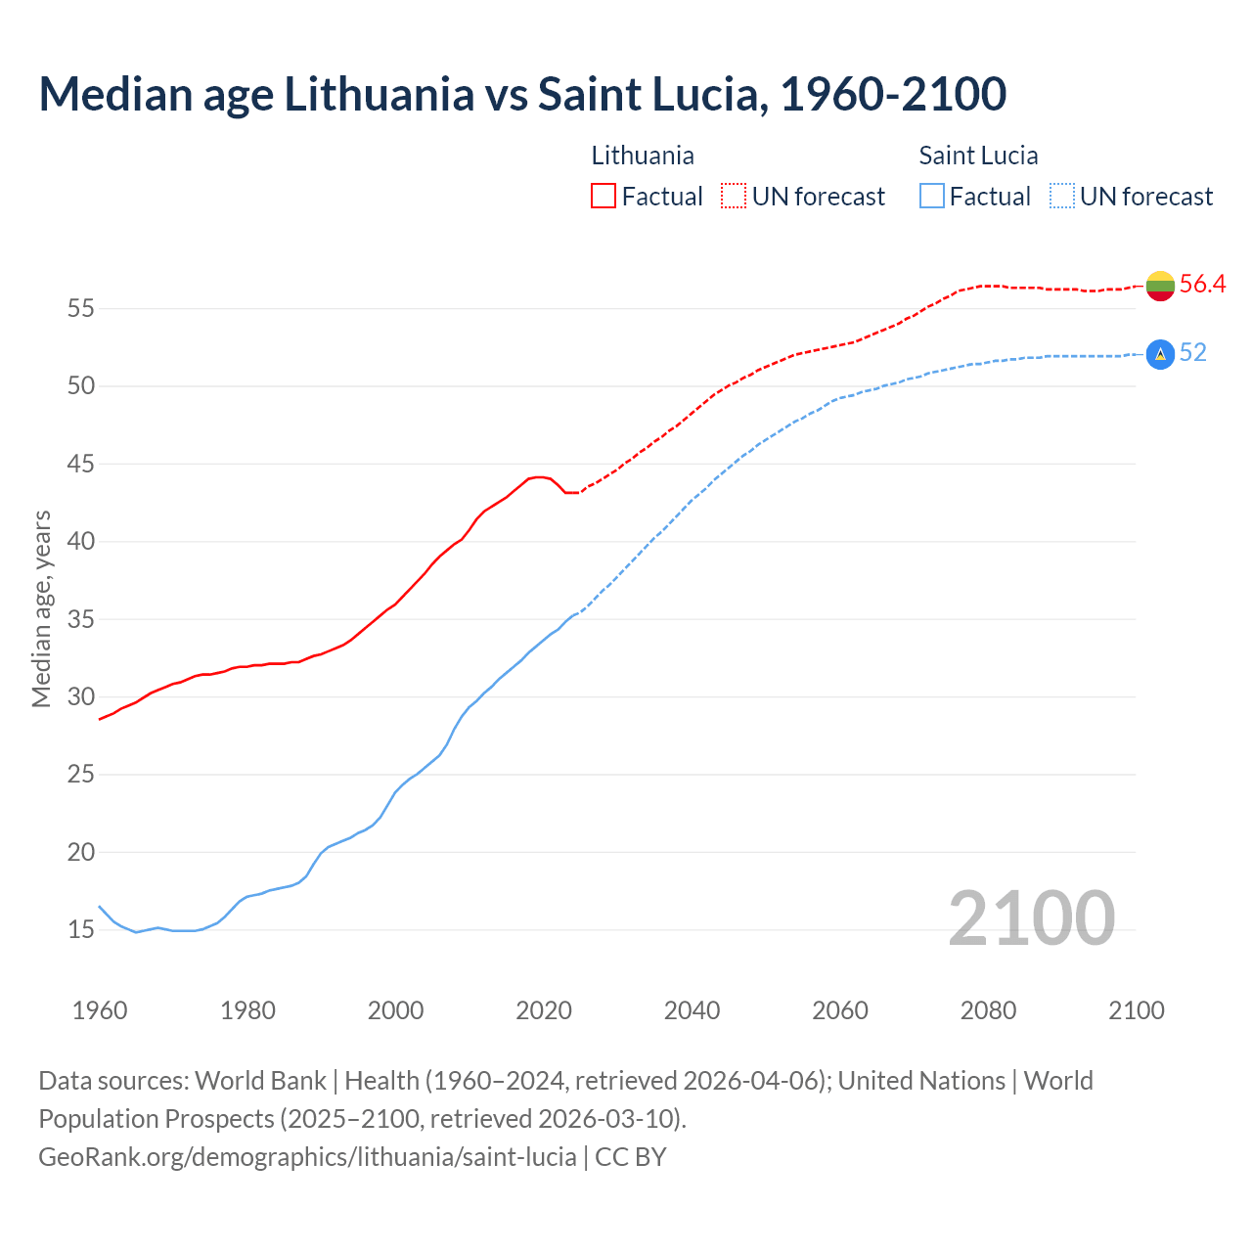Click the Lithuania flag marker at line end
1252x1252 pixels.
click(1160, 286)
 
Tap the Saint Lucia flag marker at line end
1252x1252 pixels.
click(1160, 354)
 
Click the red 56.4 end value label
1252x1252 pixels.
click(1202, 284)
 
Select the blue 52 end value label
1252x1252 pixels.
click(1193, 352)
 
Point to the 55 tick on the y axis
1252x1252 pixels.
click(80, 309)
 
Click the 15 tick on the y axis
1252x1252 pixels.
click(80, 929)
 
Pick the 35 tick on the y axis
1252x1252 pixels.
click(80, 619)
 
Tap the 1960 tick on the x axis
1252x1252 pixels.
click(100, 1010)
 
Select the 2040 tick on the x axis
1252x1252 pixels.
click(692, 1010)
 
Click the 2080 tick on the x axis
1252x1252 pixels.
click(988, 1010)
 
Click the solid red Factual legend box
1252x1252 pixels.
click(604, 196)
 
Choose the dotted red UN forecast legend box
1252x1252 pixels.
click(734, 196)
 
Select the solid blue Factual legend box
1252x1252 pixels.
click(932, 196)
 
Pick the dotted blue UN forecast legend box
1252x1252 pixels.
click(1061, 196)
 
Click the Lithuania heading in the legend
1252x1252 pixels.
click(643, 156)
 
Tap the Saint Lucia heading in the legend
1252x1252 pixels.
click(978, 156)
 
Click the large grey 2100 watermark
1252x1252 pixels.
click(1031, 917)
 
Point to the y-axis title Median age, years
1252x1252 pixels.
click(41, 608)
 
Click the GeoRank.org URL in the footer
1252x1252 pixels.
click(307, 1157)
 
